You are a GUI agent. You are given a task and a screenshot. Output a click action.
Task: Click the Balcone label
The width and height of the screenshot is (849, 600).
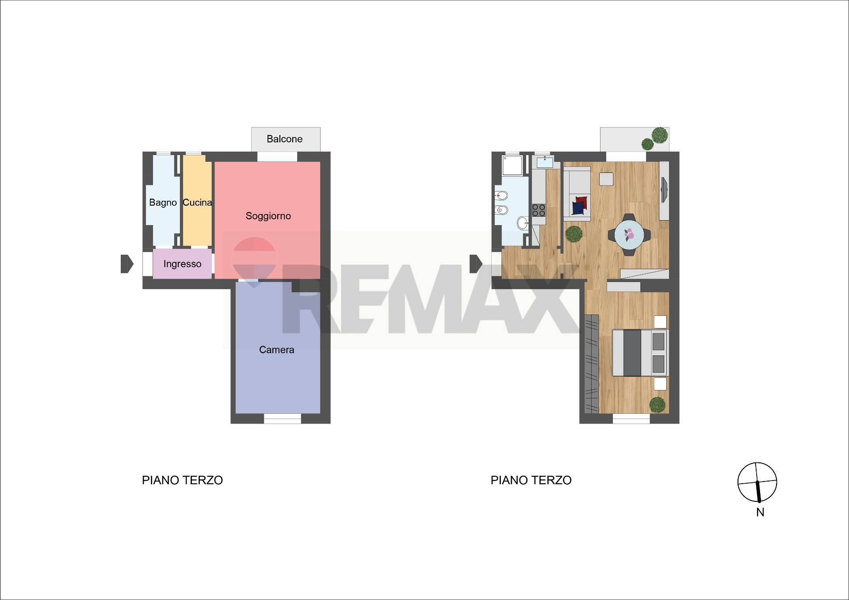click(x=284, y=139)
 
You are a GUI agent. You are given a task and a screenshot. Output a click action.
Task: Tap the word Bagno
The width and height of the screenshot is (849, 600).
click(x=163, y=203)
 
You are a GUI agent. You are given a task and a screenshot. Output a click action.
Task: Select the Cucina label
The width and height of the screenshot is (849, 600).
click(x=197, y=203)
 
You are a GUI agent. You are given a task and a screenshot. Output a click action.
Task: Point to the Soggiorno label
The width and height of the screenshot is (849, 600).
click(x=268, y=216)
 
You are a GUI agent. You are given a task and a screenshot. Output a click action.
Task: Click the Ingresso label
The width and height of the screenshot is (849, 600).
click(x=182, y=264)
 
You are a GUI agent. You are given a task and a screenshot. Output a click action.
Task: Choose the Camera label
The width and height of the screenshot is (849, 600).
click(x=276, y=350)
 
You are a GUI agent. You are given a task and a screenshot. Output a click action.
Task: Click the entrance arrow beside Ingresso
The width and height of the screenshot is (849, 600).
click(x=127, y=264)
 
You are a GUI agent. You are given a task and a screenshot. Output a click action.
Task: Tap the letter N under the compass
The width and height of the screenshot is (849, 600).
click(x=760, y=512)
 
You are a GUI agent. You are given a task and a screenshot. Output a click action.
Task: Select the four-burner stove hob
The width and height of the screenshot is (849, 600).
click(x=539, y=210)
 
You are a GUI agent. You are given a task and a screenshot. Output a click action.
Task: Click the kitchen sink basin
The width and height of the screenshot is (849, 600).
click(x=545, y=162)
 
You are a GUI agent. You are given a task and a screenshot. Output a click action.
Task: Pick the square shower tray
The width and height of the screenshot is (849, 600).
click(x=512, y=165)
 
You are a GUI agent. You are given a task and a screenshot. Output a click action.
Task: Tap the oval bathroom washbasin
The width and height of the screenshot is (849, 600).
click(x=523, y=223)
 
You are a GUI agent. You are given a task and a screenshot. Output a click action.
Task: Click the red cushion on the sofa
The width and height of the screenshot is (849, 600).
click(x=582, y=202)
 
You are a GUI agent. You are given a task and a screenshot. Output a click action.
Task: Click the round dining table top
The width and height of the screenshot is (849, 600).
click(x=629, y=235)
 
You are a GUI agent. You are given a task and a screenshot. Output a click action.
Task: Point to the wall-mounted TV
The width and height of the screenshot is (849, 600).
click(x=664, y=190)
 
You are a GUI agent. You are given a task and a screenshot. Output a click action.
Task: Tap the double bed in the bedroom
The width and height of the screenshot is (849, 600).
click(x=640, y=353)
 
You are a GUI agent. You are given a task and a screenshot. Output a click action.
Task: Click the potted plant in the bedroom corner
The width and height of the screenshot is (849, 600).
click(x=657, y=405)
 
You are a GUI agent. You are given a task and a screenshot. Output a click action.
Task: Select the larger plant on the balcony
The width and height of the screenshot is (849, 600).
click(x=660, y=135)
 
